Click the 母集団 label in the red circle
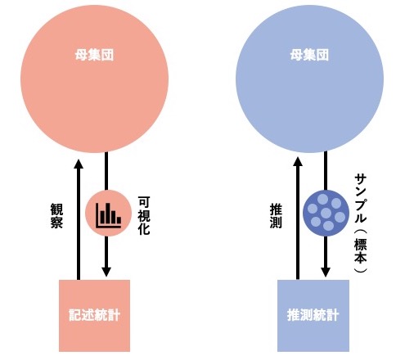94,55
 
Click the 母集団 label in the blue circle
309,55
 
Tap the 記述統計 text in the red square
94,315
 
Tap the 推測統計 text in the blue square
313,315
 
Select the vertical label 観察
56,216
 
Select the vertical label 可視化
144,215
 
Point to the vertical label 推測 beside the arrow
276,216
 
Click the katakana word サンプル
361,198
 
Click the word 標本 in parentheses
361,250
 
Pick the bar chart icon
109,215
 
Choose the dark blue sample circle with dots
326,213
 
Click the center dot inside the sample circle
326,213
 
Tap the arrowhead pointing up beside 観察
79,164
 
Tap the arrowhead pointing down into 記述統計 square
106,272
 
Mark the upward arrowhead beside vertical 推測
298,161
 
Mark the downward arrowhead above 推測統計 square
326,272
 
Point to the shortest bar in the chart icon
119,220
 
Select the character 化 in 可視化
144,229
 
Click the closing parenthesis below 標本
361,270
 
